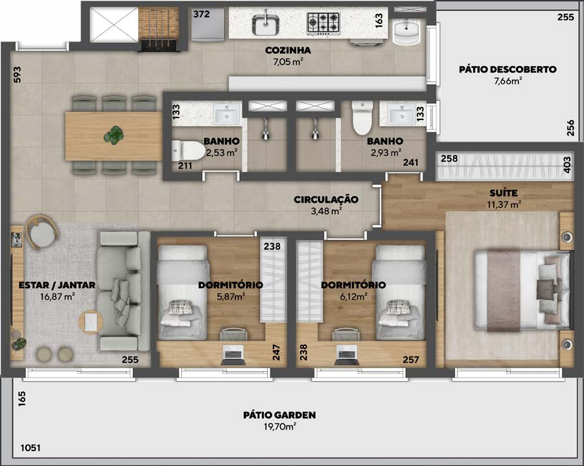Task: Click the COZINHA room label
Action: click(288, 50)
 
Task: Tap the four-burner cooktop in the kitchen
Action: click(323, 23)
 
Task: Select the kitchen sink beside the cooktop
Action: click(266, 25)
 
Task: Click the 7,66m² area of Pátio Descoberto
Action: click(508, 80)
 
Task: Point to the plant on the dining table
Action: click(113, 134)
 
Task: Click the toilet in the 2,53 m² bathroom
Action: click(188, 151)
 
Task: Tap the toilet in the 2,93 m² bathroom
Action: click(362, 118)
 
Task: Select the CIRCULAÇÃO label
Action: click(326, 199)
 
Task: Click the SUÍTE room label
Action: click(504, 193)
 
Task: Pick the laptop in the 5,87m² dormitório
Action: click(233, 354)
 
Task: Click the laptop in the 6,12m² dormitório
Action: click(347, 354)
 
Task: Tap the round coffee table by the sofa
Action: click(91, 322)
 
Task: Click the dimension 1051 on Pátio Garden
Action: click(30, 447)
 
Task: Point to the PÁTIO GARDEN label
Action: click(279, 415)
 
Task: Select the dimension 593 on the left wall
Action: click(17, 74)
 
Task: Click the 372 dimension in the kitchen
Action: click(202, 14)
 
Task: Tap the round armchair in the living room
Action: click(41, 232)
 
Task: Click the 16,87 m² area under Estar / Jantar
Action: click(57, 297)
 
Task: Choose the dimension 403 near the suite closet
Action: click(567, 164)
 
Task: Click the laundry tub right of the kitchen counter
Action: click(406, 32)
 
